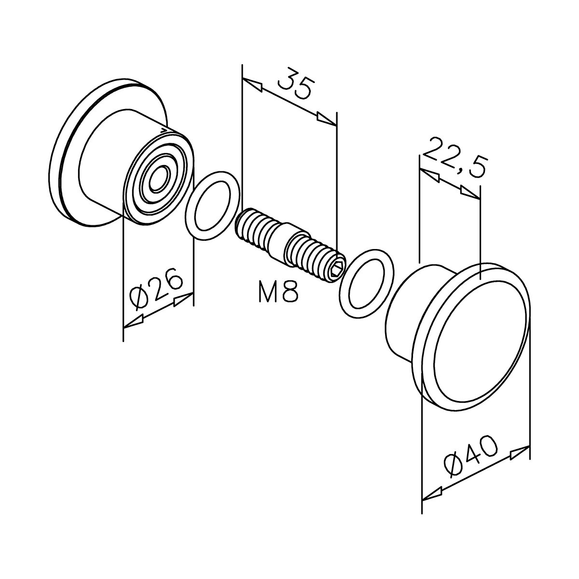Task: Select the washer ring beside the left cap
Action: click(x=213, y=205)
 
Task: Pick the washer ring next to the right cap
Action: click(x=365, y=284)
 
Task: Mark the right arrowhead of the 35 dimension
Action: click(x=326, y=118)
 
